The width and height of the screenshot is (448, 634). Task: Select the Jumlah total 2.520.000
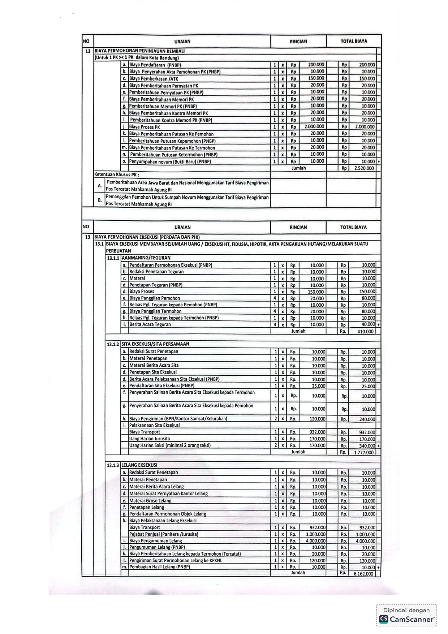click(x=364, y=168)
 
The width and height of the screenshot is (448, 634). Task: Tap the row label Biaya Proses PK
click(x=145, y=127)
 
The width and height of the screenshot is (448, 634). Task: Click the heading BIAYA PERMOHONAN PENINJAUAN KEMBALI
click(x=139, y=51)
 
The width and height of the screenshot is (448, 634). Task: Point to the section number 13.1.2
click(x=113, y=344)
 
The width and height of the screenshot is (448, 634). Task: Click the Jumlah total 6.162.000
click(x=363, y=574)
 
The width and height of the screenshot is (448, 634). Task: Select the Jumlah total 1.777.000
click(x=363, y=452)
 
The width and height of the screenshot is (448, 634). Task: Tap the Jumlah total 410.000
click(x=365, y=331)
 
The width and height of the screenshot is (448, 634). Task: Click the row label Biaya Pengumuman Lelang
click(x=156, y=541)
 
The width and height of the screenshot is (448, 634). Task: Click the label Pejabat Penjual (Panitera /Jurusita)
click(x=164, y=534)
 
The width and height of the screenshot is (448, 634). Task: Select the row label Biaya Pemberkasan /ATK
click(x=154, y=79)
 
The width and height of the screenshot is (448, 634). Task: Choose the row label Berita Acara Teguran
click(x=150, y=324)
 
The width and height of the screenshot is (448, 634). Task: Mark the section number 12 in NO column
click(x=88, y=51)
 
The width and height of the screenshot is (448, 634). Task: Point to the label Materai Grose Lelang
click(x=150, y=501)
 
